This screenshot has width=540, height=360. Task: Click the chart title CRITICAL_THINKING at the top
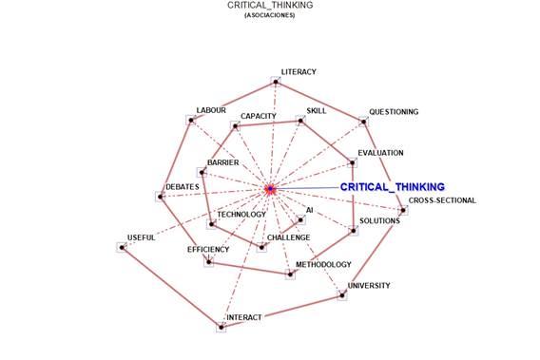[269, 6]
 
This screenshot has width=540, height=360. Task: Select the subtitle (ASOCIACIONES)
[269, 15]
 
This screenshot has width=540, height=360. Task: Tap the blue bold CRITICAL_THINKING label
[392, 187]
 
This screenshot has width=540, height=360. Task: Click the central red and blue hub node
[270, 190]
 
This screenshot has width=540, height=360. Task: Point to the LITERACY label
[299, 72]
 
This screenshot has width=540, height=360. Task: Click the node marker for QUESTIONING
[362, 121]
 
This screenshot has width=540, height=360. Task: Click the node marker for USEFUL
[122, 247]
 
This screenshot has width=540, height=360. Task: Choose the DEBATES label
[182, 187]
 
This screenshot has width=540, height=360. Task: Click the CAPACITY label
[258, 116]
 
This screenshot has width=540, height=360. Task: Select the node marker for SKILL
[299, 121]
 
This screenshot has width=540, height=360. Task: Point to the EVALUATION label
[380, 152]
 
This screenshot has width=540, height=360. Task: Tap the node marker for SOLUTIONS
[353, 231]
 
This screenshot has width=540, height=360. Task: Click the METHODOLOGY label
[323, 264]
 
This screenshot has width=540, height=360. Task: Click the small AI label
[309, 209]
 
